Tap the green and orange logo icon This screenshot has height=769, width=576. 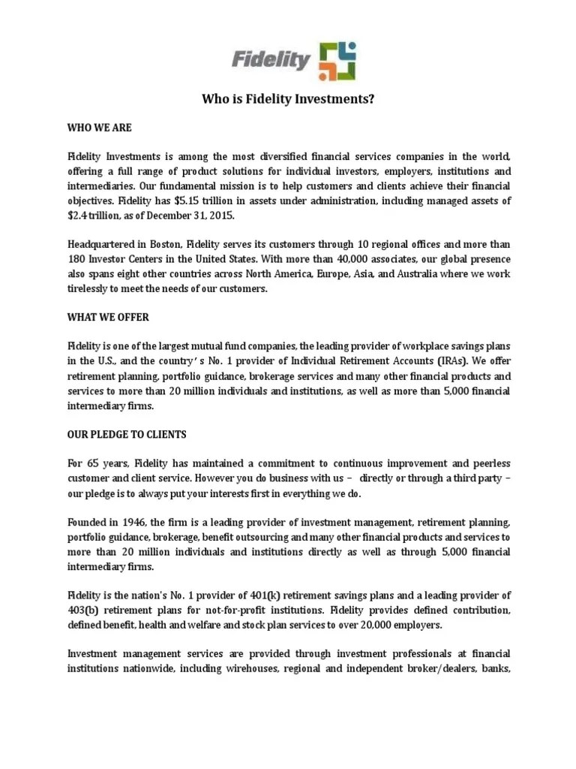click(337, 61)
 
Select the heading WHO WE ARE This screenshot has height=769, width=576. click(99, 128)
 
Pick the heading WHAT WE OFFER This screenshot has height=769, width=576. click(107, 317)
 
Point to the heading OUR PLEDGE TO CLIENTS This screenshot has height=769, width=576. click(126, 435)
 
